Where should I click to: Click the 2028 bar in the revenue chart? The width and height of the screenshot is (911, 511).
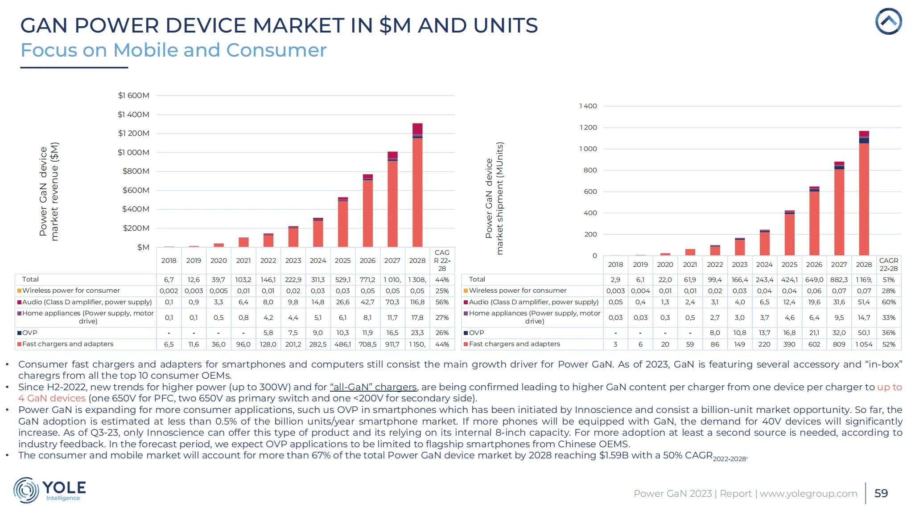(x=417, y=187)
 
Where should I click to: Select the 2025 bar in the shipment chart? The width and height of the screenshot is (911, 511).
(x=789, y=234)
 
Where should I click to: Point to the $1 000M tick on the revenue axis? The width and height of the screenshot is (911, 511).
(x=133, y=152)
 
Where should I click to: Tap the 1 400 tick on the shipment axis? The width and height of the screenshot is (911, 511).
(x=588, y=106)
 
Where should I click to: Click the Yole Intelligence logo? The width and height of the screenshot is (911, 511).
(x=49, y=490)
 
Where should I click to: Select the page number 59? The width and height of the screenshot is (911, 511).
(x=881, y=493)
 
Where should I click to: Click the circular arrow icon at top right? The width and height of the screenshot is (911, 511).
(x=888, y=21)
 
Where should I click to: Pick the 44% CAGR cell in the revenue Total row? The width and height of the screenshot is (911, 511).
(x=442, y=280)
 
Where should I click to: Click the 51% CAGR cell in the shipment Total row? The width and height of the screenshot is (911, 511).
(x=888, y=280)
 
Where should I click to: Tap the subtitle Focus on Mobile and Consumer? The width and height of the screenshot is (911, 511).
(x=173, y=50)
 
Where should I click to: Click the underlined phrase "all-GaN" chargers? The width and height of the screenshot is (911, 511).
(x=373, y=387)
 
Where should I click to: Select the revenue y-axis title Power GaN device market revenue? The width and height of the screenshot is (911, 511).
(x=49, y=192)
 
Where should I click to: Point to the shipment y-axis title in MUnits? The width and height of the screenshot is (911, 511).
(x=495, y=198)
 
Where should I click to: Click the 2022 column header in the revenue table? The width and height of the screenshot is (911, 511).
(x=268, y=261)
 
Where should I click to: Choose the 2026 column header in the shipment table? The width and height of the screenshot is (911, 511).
(x=814, y=265)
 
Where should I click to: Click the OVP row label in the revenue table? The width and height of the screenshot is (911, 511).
(x=29, y=333)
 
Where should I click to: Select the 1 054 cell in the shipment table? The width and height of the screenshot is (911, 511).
(x=863, y=344)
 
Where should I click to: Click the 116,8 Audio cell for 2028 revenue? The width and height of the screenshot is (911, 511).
(x=417, y=302)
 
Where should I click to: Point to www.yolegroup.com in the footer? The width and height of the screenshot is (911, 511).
(x=808, y=494)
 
